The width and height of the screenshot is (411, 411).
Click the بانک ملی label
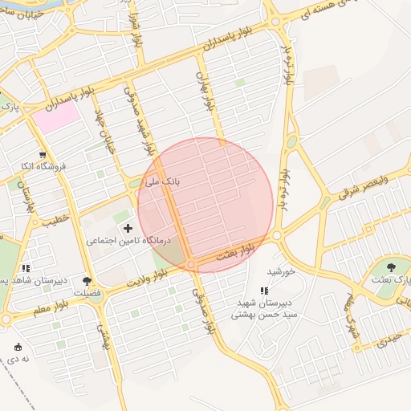(x=162, y=182)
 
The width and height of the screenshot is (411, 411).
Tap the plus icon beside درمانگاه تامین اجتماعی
(x=128, y=229)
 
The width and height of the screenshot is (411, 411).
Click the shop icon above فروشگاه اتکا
(x=43, y=156)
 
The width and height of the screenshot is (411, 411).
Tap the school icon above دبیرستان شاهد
(x=26, y=269)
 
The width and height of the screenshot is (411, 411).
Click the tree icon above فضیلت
(x=87, y=282)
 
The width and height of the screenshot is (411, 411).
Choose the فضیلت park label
(x=87, y=293)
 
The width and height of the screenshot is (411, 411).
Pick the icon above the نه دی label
(x=18, y=347)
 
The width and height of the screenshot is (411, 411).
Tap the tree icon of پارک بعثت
(x=391, y=267)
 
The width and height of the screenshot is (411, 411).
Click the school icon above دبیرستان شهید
(x=264, y=291)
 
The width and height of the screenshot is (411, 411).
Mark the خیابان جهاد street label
(x=104, y=130)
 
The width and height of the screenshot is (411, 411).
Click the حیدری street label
(x=388, y=340)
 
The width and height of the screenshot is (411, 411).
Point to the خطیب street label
(x=52, y=218)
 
